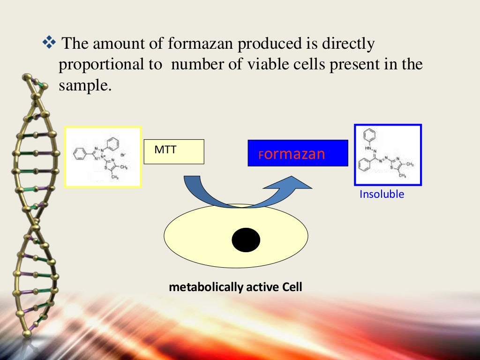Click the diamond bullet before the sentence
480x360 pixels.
48,44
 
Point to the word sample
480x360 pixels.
85,85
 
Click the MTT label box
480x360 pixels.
173,151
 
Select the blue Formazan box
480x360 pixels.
298,153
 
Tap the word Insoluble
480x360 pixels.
382,194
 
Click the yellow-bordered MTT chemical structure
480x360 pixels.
103,157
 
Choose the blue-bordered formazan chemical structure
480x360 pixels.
388,155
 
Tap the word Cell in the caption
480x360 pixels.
292,287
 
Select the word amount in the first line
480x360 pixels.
115,45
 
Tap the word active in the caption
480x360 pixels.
263,287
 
